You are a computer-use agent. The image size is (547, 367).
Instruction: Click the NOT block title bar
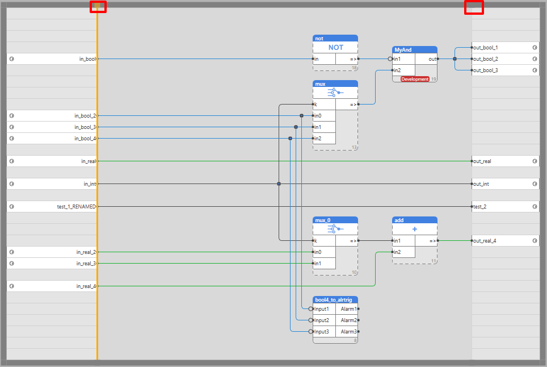[x=335, y=39]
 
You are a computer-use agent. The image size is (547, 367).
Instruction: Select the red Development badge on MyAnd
[x=415, y=80]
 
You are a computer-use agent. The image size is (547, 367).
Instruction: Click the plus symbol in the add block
[x=415, y=229]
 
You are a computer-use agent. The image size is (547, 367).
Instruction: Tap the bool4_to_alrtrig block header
[x=335, y=299]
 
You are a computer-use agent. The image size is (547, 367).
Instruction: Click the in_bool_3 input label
[x=85, y=127]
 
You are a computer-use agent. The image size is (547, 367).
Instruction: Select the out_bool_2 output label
[x=486, y=59]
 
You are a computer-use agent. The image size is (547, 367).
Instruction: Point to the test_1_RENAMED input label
[x=77, y=207]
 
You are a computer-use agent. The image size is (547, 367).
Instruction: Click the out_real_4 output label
[x=485, y=240]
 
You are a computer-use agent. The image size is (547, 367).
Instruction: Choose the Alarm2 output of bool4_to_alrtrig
[x=348, y=320]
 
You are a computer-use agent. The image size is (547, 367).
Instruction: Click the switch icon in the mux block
[x=335, y=93]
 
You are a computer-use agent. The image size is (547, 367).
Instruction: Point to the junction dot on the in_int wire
[x=279, y=183]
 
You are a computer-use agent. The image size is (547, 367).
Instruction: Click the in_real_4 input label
[x=86, y=286]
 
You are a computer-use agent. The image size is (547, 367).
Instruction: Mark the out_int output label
[x=481, y=184]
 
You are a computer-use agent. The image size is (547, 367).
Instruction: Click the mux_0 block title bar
[x=335, y=220]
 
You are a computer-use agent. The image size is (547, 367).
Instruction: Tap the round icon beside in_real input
[x=11, y=161]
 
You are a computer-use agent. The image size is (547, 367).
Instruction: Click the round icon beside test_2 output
[x=535, y=207]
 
